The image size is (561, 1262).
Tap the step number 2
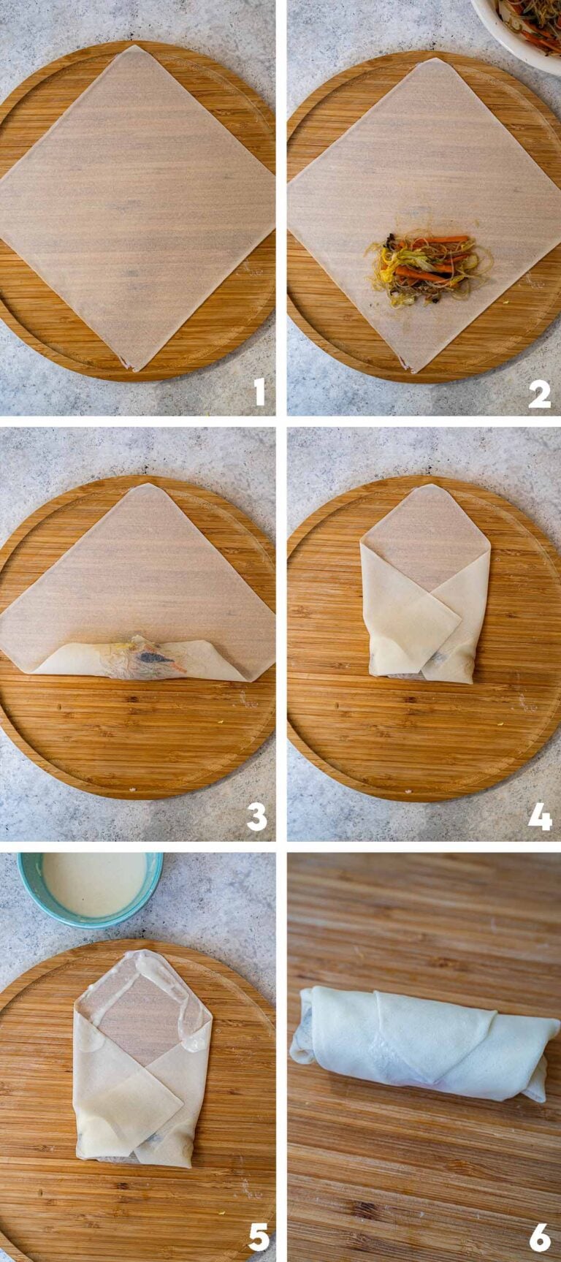coord(539,393)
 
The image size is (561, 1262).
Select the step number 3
coord(256,816)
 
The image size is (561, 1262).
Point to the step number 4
coord(540,816)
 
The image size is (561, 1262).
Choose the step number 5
coord(258,1237)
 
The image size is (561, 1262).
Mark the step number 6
coord(540,1237)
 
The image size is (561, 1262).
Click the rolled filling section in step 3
coord(139,659)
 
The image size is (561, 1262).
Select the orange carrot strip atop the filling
coord(432,239)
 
